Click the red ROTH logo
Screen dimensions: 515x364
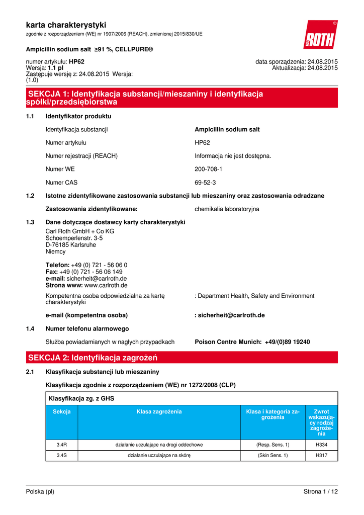click(320, 35)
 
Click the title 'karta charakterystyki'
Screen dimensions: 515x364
click(66, 25)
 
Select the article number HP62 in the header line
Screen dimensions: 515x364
click(76, 62)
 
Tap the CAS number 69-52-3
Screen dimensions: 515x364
click(205, 183)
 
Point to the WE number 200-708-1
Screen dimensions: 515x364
click(208, 169)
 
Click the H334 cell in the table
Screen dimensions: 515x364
click(321, 445)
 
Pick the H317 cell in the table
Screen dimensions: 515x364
click(321, 455)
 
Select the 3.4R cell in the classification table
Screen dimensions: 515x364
click(62, 445)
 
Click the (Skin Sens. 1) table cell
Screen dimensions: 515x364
click(272, 455)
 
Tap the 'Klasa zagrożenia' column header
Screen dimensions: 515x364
click(159, 412)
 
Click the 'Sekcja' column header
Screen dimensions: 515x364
click(62, 412)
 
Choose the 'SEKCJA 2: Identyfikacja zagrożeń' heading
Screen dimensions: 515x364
click(93, 358)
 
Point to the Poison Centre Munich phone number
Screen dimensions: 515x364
click(287, 342)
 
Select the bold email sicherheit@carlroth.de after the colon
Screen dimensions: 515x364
click(231, 315)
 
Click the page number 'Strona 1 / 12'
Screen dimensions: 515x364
click(321, 491)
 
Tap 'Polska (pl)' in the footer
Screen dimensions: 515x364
click(40, 491)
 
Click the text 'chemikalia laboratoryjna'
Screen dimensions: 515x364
click(227, 209)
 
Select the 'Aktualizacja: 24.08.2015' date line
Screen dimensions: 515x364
click(305, 68)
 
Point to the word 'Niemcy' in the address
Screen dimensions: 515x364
click(55, 251)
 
